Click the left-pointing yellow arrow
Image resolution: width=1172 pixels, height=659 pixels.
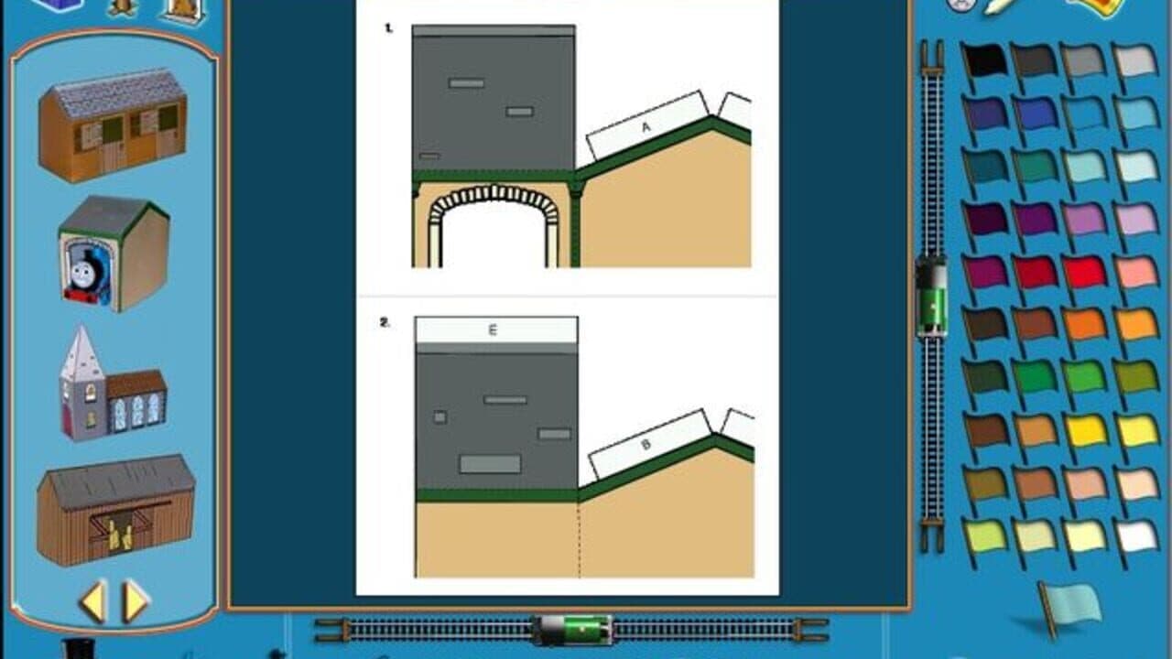tap(92, 601)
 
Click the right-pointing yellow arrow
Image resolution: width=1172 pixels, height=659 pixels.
tap(136, 601)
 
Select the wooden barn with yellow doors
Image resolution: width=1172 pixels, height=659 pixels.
tap(115, 511)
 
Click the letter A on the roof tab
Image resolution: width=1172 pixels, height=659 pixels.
tap(646, 128)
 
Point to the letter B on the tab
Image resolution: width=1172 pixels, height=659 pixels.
tap(646, 445)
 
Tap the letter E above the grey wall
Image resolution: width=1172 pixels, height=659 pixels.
tap(493, 330)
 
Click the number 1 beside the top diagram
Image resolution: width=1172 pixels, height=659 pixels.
tap(388, 28)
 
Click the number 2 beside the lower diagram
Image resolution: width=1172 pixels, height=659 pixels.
tap(385, 322)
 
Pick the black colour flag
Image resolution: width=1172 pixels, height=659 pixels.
tap(985, 60)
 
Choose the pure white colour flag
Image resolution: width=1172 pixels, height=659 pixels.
tap(1137, 536)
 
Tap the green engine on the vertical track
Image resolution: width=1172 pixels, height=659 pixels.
tap(931, 296)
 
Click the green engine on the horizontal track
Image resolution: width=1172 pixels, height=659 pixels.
tap(574, 630)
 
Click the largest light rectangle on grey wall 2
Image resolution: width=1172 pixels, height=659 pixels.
tap(490, 464)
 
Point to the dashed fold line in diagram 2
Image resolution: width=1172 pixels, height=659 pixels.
tap(579, 540)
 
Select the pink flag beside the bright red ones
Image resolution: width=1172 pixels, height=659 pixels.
tap(1136, 272)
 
